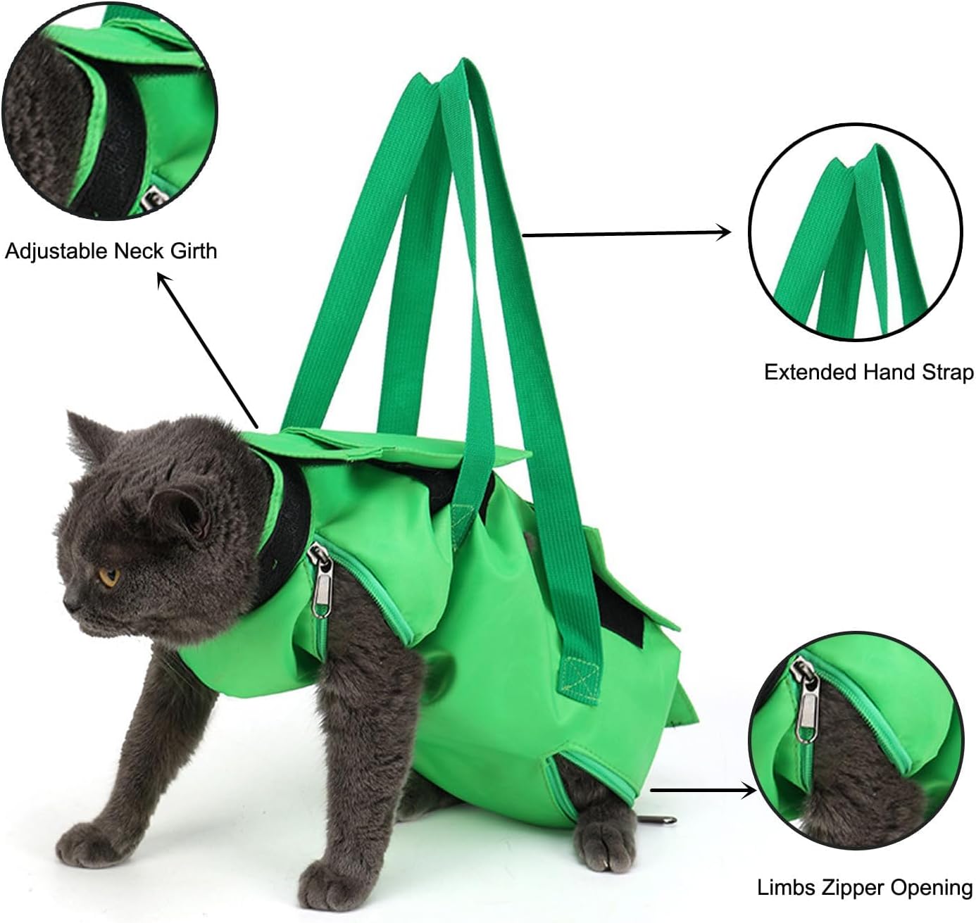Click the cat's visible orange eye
coord(109,577)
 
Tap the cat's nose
coord(70,604)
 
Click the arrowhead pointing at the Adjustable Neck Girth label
coord(163,280)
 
